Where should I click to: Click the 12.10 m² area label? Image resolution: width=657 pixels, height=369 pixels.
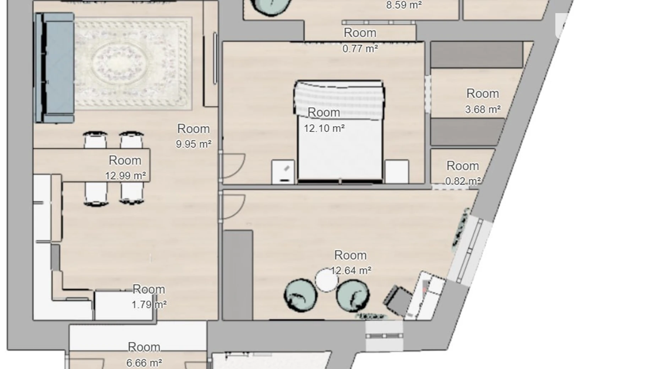(x=324, y=128)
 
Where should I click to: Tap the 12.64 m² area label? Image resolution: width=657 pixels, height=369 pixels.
(x=351, y=271)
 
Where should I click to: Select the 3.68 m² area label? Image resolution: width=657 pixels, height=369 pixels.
(x=483, y=109)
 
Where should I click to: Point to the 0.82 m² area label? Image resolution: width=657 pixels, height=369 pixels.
(x=463, y=181)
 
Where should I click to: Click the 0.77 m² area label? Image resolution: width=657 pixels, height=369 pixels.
(x=360, y=48)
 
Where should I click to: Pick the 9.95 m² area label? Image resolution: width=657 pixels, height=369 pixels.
(x=194, y=144)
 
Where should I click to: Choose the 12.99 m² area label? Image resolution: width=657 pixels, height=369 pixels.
(x=125, y=176)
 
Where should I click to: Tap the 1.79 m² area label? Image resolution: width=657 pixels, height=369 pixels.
(x=149, y=305)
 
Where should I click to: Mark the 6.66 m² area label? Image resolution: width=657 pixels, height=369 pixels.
(x=144, y=363)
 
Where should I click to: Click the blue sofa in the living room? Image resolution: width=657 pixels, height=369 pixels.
(x=54, y=68)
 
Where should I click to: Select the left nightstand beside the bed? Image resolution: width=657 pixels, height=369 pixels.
(x=283, y=172)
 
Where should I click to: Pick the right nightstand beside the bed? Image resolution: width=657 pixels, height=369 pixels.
(x=397, y=172)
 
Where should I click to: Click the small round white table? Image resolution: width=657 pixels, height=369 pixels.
(x=327, y=280)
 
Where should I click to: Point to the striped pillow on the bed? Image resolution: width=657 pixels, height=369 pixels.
(x=339, y=100)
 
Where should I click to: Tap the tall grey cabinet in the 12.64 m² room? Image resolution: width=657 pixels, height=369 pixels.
(x=238, y=275)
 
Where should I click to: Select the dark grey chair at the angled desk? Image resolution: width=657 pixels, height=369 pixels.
(x=397, y=300)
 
